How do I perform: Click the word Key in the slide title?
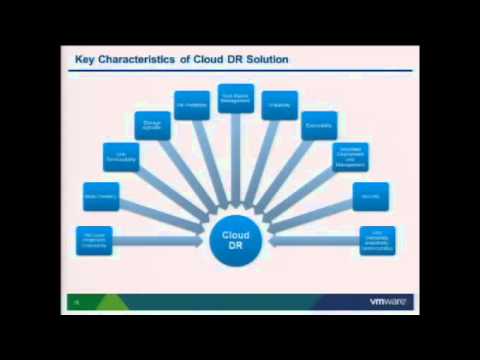(86, 60)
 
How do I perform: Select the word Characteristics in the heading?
(136, 60)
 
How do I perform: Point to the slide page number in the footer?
(75, 301)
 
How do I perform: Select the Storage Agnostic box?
(152, 125)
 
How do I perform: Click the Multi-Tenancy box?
(95, 197)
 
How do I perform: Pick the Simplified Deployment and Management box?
(351, 156)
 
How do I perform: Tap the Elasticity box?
(320, 125)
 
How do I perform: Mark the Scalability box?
(280, 105)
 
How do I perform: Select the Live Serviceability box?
(121, 156)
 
